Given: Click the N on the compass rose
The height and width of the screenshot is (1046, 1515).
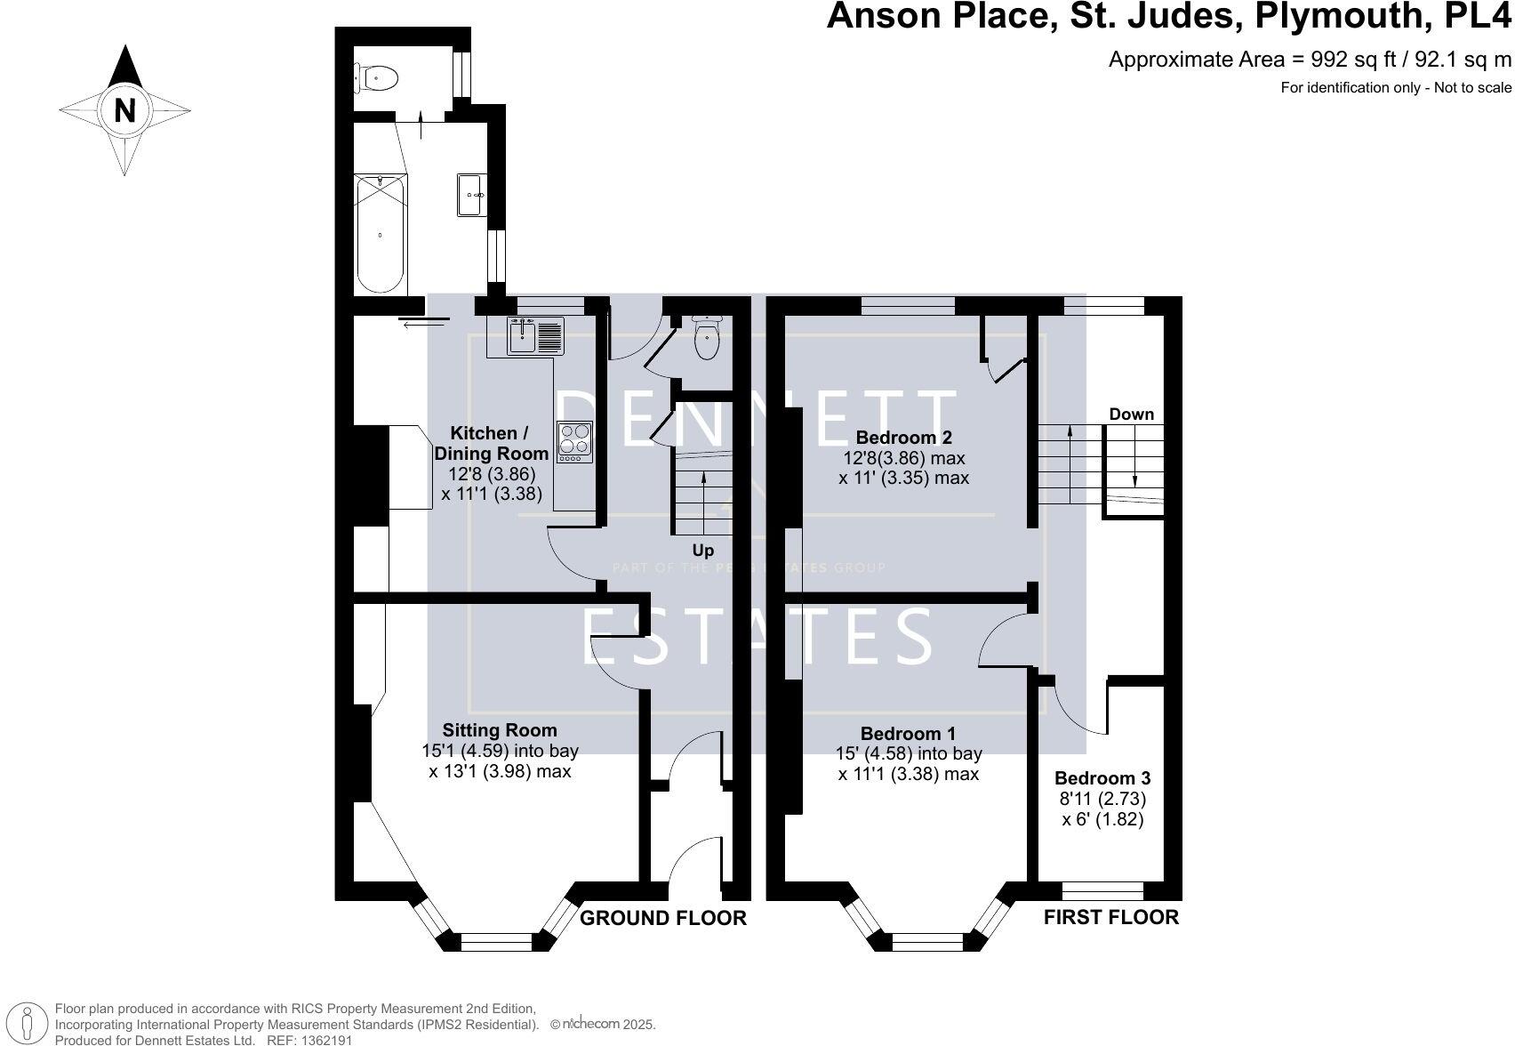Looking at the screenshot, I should [125, 111].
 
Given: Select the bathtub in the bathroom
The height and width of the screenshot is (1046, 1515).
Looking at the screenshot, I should [381, 234].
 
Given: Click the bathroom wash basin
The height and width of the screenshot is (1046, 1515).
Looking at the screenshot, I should [471, 195].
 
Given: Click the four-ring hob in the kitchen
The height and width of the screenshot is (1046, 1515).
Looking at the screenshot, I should [574, 441].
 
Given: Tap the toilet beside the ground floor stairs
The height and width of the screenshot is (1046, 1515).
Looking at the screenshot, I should [707, 339].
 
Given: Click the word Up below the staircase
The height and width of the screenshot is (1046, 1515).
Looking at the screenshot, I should [702, 551].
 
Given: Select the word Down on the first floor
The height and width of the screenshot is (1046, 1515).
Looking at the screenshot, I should [1131, 414].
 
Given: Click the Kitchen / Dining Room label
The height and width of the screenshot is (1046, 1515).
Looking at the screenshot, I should [489, 443].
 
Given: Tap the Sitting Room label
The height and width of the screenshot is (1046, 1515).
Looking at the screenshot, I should [500, 730].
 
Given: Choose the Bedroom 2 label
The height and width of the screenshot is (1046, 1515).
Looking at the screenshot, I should [903, 438].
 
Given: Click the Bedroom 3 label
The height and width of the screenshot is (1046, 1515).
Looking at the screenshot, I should [1101, 778].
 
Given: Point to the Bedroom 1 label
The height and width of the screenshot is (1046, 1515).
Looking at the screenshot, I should [908, 734].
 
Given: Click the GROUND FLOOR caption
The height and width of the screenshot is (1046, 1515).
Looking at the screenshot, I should [662, 918].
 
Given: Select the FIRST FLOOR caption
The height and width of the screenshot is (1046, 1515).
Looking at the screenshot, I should [1110, 917].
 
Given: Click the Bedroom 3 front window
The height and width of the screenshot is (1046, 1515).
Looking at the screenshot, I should [1102, 890].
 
